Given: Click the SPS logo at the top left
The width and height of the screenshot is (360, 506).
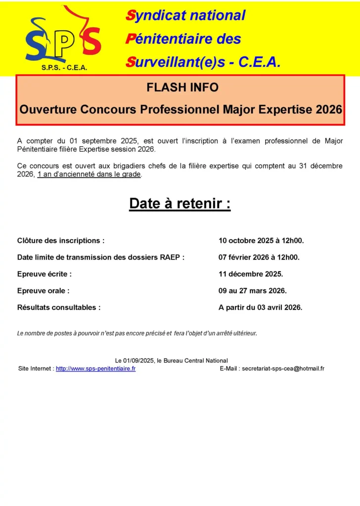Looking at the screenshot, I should [63, 37].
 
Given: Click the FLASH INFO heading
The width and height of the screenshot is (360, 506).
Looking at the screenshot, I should [182, 88].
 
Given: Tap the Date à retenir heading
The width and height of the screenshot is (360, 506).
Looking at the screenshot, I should [180, 204].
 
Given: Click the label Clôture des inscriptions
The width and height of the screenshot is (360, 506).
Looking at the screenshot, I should [61, 241].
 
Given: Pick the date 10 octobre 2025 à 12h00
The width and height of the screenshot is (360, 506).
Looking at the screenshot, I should [261, 241].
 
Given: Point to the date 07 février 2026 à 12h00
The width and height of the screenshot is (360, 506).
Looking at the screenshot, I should [259, 257].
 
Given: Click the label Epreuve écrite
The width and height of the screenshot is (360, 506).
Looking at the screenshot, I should [45, 274].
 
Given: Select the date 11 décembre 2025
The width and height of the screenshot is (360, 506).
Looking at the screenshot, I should [251, 274].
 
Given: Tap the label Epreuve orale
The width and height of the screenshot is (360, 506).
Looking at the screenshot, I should [44, 291].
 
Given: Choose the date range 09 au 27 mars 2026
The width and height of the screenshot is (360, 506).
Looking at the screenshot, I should [253, 291].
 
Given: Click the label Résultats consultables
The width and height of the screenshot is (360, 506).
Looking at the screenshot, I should [59, 307].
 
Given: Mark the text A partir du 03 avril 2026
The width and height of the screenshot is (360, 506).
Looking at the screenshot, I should [260, 307].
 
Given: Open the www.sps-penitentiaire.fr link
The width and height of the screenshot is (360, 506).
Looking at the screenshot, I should [95, 369].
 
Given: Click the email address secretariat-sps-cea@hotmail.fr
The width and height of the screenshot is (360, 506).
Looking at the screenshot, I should [283, 369].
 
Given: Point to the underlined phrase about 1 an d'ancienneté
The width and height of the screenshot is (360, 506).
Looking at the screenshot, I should [89, 174].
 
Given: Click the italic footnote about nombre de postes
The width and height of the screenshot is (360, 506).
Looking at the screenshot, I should [137, 334].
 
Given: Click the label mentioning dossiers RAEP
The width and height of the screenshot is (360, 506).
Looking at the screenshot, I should [101, 257].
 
